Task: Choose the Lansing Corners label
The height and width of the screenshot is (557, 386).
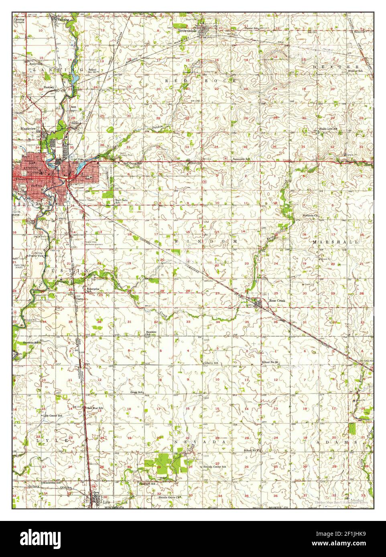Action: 19,20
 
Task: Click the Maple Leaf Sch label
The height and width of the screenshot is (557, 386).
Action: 328,129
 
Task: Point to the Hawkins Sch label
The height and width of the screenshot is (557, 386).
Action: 151,333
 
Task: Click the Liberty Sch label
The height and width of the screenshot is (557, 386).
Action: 211,363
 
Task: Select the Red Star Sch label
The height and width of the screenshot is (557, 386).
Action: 95,408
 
